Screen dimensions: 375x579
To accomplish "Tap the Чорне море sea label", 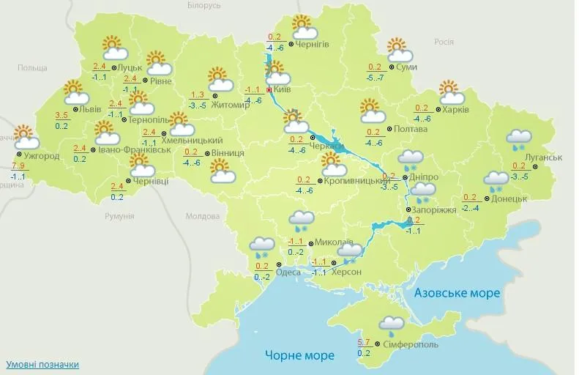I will pos(299,356).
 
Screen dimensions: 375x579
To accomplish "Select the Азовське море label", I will pos(457,293).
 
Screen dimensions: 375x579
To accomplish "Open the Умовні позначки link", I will pos(42,364).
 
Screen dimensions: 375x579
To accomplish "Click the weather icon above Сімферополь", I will pos(392,326).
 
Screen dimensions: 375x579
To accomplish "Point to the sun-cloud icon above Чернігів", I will pos(303,27).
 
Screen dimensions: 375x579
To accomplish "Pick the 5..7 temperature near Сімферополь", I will pos(364,343).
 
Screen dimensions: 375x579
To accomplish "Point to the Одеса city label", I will pos(288,272).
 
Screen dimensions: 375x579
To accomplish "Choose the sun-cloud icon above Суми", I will pos(398,50).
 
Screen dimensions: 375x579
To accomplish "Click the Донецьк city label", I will pos(509,198).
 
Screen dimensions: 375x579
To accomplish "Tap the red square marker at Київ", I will pos(269,89).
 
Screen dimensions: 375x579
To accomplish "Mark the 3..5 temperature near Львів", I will pos(62,116).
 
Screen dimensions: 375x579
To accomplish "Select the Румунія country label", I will pos(119,216).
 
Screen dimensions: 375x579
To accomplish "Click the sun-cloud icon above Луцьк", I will pos(113,48).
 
